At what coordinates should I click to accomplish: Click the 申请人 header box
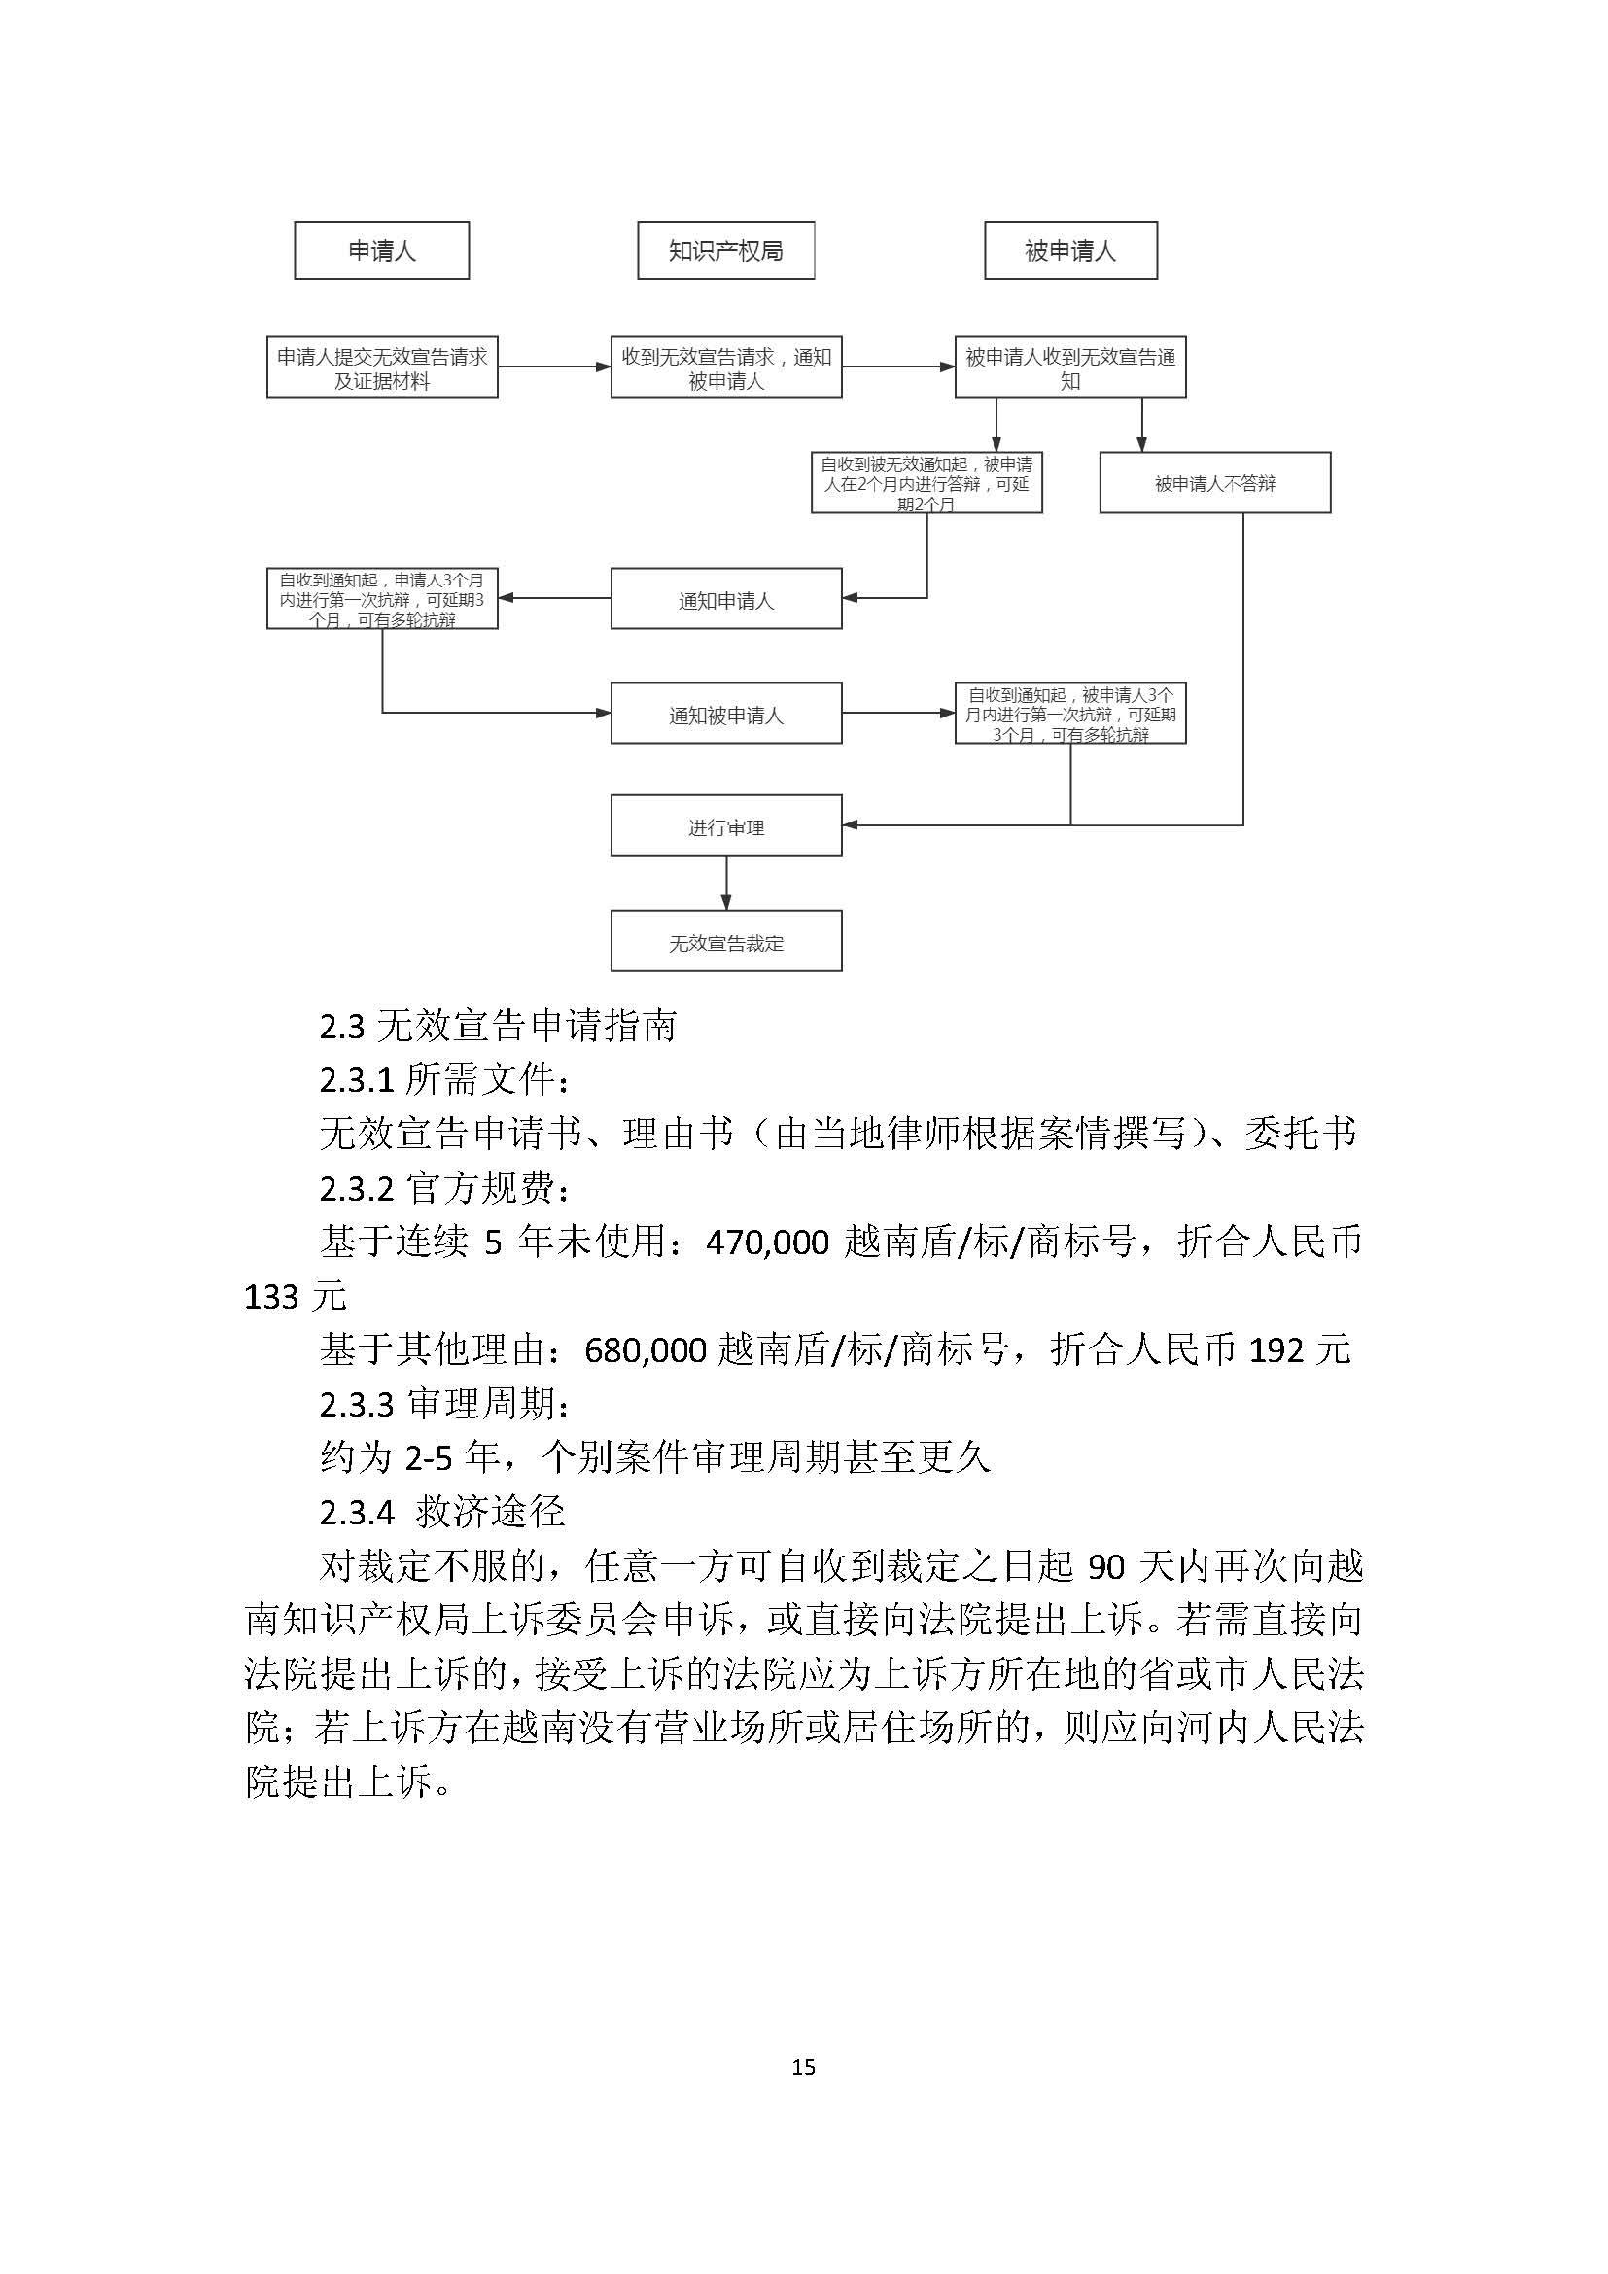point(381,251)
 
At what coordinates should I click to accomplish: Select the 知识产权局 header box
point(726,251)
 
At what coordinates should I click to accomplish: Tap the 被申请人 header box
point(1070,251)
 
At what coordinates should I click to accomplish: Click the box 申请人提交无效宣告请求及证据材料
point(382,367)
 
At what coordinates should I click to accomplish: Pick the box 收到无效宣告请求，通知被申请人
point(726,367)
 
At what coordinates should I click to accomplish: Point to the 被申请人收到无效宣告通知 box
point(1070,367)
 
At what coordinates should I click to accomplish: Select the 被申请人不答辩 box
point(1215,483)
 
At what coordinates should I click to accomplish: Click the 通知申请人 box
point(726,599)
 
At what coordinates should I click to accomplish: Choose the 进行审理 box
point(726,826)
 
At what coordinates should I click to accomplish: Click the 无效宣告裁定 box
point(726,942)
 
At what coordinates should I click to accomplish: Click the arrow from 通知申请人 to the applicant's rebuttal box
point(553,598)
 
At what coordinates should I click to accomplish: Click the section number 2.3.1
point(357,1080)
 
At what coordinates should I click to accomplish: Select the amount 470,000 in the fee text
point(767,1242)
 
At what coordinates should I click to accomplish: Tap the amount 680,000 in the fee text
point(646,1350)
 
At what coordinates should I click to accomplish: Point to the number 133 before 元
point(271,1297)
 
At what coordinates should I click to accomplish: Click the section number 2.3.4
point(357,1513)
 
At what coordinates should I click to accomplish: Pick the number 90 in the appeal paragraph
point(1107,1567)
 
